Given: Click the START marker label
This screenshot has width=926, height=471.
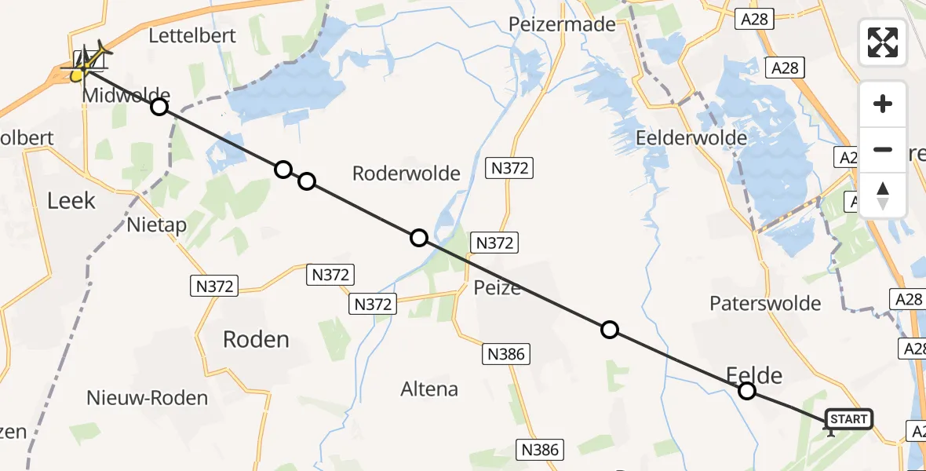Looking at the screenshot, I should pos(848,419).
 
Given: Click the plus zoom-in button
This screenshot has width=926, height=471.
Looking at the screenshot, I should pos(883,104).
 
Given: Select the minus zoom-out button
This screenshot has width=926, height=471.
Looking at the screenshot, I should pos(883,149).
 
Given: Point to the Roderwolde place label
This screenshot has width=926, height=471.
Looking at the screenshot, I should pos(406,173).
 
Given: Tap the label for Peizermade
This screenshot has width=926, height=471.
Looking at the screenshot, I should pos(562,24).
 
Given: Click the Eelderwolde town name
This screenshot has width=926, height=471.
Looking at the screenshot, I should pos(691,138).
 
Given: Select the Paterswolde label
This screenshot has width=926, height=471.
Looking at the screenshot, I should pos(764,303).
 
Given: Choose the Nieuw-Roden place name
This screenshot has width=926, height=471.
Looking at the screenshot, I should pos(148,397).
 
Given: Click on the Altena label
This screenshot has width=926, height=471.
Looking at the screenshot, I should pos(429,389).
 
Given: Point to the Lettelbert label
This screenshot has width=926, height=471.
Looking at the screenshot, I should pos(192,35).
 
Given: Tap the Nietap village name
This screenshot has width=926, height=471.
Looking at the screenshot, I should pos(157,226).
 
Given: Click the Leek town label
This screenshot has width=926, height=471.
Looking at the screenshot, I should pos(71,200).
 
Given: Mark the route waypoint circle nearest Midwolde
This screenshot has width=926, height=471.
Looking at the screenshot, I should pos(159,107).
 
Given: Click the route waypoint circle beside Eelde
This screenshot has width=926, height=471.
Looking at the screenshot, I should pos(747,391).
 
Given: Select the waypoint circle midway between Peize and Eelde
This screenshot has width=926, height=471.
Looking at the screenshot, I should pos(610,330).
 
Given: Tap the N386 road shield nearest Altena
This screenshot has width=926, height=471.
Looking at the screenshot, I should pos(506,355).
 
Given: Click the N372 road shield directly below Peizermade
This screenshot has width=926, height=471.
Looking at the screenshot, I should pos(511,167).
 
